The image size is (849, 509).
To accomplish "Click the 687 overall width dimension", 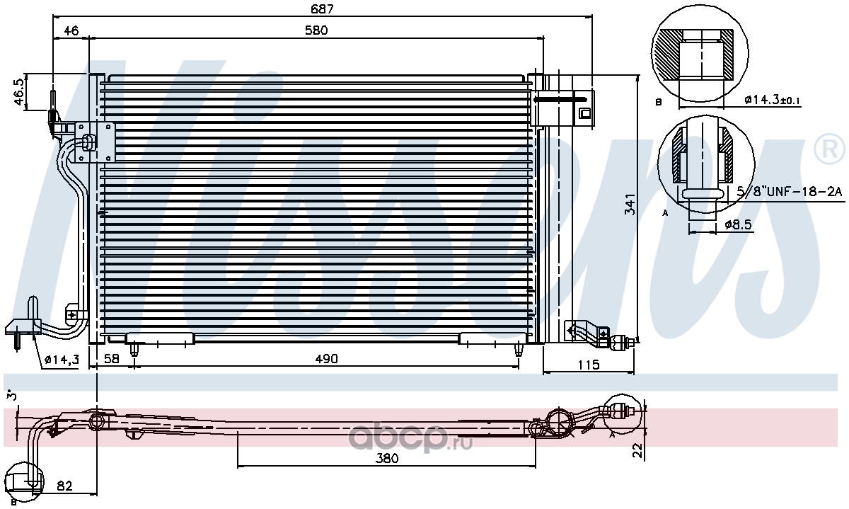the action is tap(322, 8).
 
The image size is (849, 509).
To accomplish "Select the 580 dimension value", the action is tap(316, 30).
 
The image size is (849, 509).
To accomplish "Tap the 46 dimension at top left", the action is tap(71, 30).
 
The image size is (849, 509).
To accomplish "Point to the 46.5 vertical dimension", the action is tap(19, 91).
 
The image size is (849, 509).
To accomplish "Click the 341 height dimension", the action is tap(630, 204).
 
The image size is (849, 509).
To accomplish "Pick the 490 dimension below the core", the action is tap(326, 358).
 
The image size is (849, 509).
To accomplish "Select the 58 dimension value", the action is tap(112, 358).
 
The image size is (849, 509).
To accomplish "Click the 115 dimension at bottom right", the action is tap(589, 365).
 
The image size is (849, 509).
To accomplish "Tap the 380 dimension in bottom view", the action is tap(387, 458).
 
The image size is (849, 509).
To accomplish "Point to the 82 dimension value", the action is tap(65, 486).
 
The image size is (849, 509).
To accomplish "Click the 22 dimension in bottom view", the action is tap(638, 450).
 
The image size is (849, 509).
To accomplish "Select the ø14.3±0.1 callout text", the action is tap(772, 100).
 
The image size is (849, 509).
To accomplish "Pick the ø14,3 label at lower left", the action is tap(62, 359).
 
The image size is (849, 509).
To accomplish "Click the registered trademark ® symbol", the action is tap(829, 149).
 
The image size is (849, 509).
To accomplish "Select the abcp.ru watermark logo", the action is tap(410, 438).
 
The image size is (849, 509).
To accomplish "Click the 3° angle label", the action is tap(12, 396).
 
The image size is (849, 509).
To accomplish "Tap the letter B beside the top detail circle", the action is tap(659, 102).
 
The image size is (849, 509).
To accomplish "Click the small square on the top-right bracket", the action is tap(585, 113).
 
